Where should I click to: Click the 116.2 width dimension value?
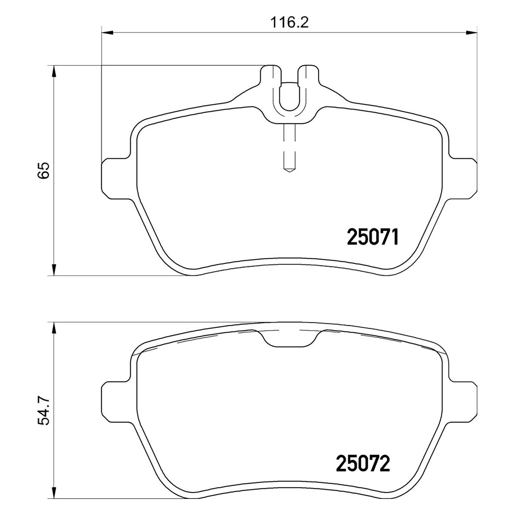tap(289, 23)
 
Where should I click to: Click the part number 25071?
tap(373, 237)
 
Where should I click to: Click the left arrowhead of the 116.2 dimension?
tap(108, 32)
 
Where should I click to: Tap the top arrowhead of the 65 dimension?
tap(54, 71)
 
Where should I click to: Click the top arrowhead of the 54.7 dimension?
tap(54, 328)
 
